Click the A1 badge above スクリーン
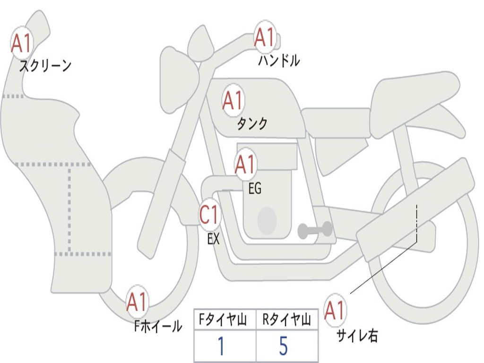click(21, 43)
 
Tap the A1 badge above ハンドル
click(265, 37)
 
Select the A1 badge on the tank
click(233, 100)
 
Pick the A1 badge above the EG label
click(245, 164)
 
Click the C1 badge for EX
click(209, 216)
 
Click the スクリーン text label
click(45, 66)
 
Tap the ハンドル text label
click(279, 61)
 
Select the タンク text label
click(252, 124)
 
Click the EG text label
click(255, 189)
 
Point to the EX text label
click(214, 239)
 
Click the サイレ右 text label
click(357, 336)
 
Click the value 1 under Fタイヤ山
click(221, 346)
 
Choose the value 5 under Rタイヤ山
click(284, 346)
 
